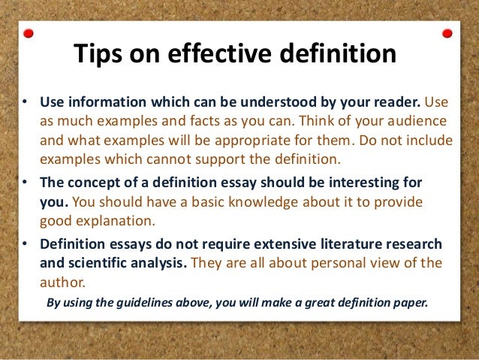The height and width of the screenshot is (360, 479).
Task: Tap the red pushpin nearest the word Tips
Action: point(29,34)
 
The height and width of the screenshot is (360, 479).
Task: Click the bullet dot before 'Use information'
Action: point(25,102)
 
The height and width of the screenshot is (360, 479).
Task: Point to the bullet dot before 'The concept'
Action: point(25,183)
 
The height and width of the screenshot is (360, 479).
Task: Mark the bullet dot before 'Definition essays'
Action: point(25,245)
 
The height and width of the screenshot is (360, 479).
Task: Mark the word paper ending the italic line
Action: point(409,304)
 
